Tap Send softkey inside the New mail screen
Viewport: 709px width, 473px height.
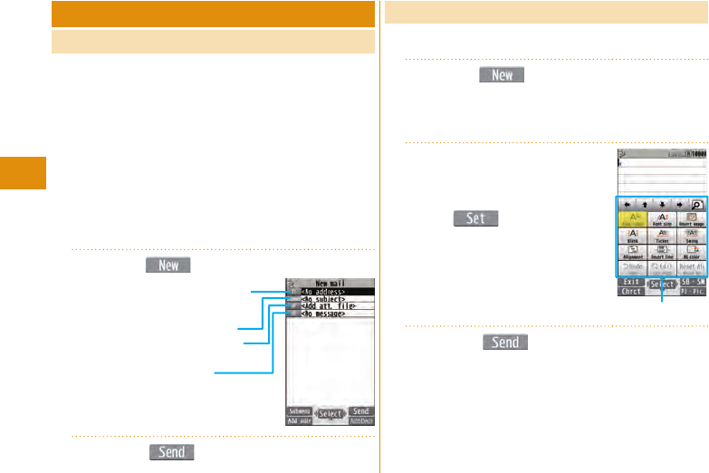point(360,410)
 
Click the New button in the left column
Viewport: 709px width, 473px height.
point(168,265)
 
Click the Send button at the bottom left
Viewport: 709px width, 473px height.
point(171,451)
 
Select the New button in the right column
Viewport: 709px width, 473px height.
point(502,75)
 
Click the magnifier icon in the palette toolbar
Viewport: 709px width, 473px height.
point(697,205)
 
